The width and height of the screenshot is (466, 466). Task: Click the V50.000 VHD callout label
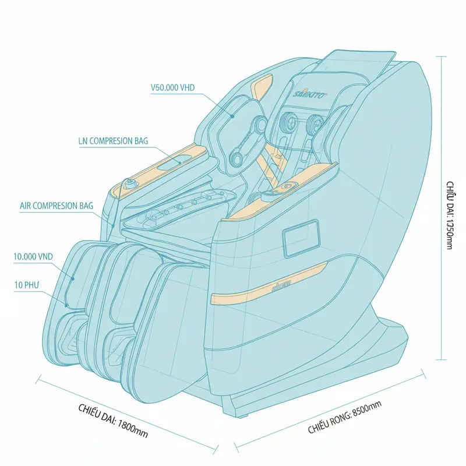pyautogui.click(x=172, y=88)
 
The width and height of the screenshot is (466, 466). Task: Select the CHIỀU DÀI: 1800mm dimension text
pyautogui.click(x=112, y=419)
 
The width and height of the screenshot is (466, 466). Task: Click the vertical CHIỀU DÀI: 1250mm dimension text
pyautogui.click(x=450, y=216)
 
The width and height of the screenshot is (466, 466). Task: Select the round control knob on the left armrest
pyautogui.click(x=128, y=185)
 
